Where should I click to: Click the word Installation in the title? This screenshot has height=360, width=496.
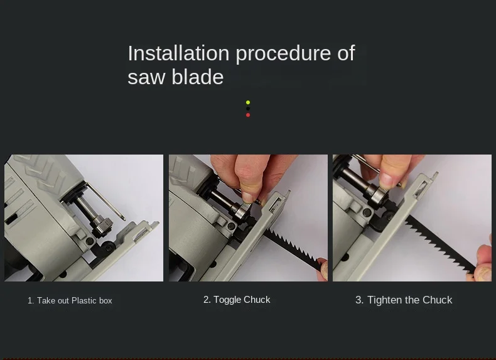coord(178,53)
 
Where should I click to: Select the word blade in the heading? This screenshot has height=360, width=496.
coord(198,77)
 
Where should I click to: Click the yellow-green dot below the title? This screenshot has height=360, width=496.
coord(248,102)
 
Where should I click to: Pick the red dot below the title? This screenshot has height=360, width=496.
coord(248,115)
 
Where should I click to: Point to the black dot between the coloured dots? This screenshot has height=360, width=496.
coord(248,109)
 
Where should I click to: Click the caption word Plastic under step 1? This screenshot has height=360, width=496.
coord(84,300)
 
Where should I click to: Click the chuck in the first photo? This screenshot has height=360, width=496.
coord(102,226)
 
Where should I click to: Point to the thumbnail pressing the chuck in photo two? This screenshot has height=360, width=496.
coord(247,197)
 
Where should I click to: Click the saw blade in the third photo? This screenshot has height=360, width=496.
coord(439,245)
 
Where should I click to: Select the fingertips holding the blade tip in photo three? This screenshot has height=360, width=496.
coord(480,263)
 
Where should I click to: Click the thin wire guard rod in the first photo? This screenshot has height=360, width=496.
coord(105,201)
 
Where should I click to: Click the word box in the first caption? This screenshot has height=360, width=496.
coord(105,300)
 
